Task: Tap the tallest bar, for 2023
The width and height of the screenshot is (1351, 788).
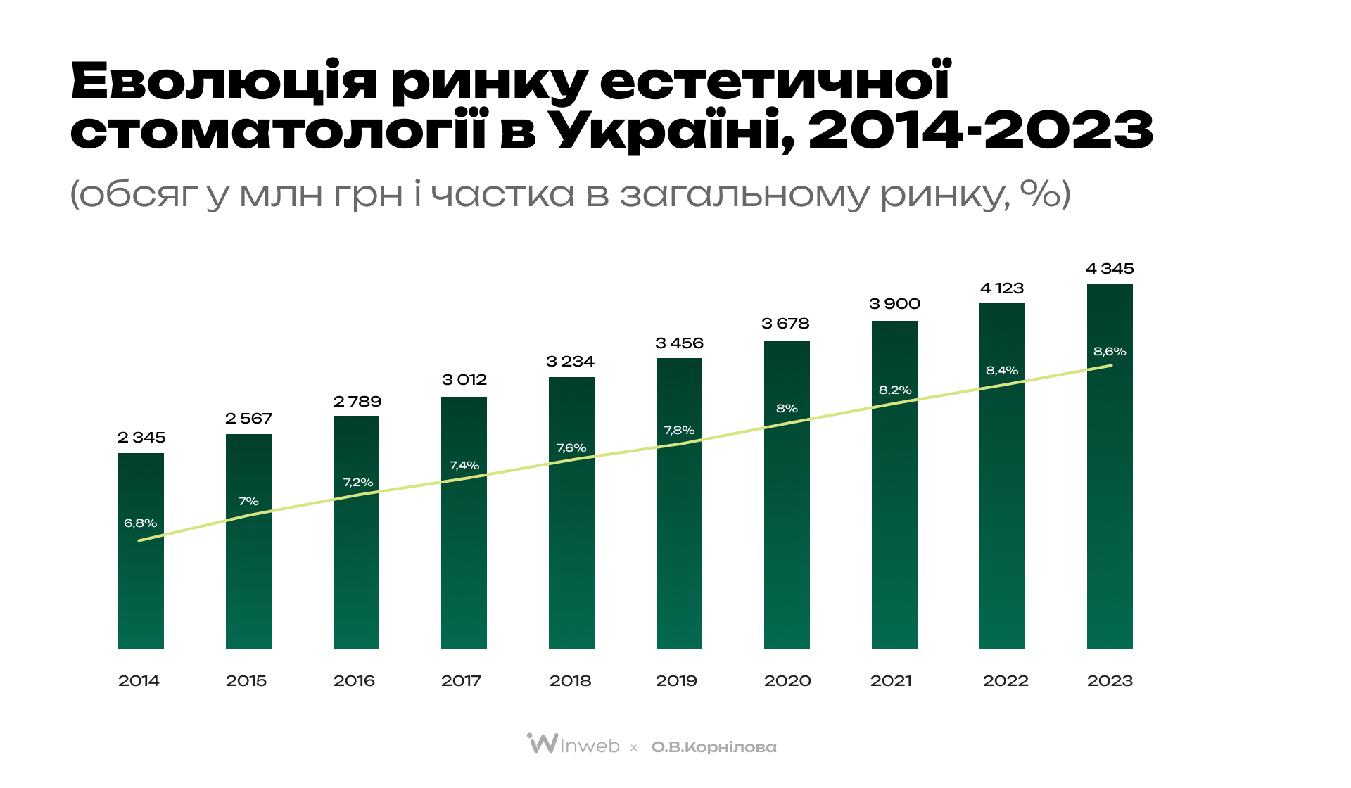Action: coord(1110,493)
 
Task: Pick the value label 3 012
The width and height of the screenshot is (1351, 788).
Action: coord(464,380)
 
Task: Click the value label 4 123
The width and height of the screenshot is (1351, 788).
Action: coord(1002,288)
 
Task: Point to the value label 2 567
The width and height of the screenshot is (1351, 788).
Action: coord(248,419)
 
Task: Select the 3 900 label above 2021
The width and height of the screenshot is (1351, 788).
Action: coord(894,304)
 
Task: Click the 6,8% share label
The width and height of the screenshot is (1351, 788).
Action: coord(140,523)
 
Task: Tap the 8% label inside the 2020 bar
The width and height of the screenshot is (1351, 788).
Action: coord(787,408)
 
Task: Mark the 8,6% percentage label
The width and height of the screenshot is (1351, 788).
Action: coord(1110,351)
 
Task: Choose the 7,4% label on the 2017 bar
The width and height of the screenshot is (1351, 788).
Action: coord(464,465)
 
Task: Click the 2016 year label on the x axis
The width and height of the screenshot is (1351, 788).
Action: coord(354,680)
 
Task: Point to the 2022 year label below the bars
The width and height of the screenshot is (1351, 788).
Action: coord(1006,680)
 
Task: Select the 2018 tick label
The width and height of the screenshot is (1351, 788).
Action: coord(570,680)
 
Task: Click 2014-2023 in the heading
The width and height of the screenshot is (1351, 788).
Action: coord(981,130)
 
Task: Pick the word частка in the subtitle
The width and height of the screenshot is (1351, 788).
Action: coord(502,194)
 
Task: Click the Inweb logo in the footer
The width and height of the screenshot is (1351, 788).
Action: coord(573,744)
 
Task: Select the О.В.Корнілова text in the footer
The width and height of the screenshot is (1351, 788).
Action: coord(713,747)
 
